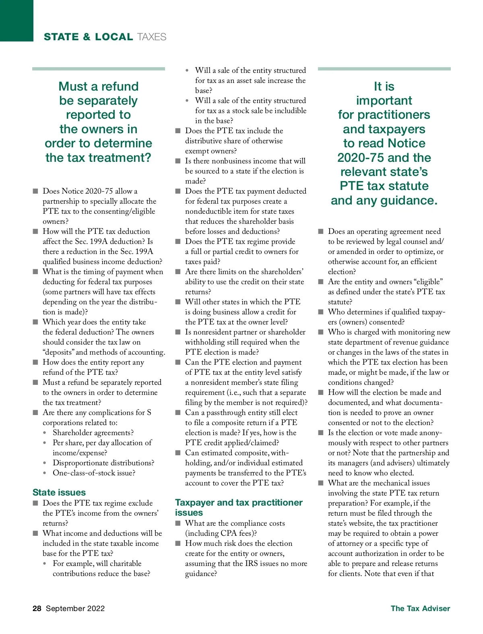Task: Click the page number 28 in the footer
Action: point(37,608)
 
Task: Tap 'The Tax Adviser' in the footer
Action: point(420,608)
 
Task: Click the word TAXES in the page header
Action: point(151,37)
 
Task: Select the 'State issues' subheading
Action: point(59,492)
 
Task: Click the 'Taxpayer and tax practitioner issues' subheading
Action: point(239,507)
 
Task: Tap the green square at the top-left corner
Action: point(17,21)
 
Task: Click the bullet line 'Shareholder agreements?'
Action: point(93,433)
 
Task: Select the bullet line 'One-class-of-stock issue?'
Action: point(94,473)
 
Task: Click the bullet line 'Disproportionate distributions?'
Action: point(103,463)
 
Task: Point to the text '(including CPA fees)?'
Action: point(221,533)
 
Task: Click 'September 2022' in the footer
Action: point(75,608)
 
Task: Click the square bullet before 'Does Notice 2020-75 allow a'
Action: point(35,191)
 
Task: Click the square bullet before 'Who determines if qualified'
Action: point(321,312)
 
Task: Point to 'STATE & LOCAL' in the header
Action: point(88,37)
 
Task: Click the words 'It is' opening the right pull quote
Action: point(384,87)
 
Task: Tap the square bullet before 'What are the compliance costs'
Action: point(178,523)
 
